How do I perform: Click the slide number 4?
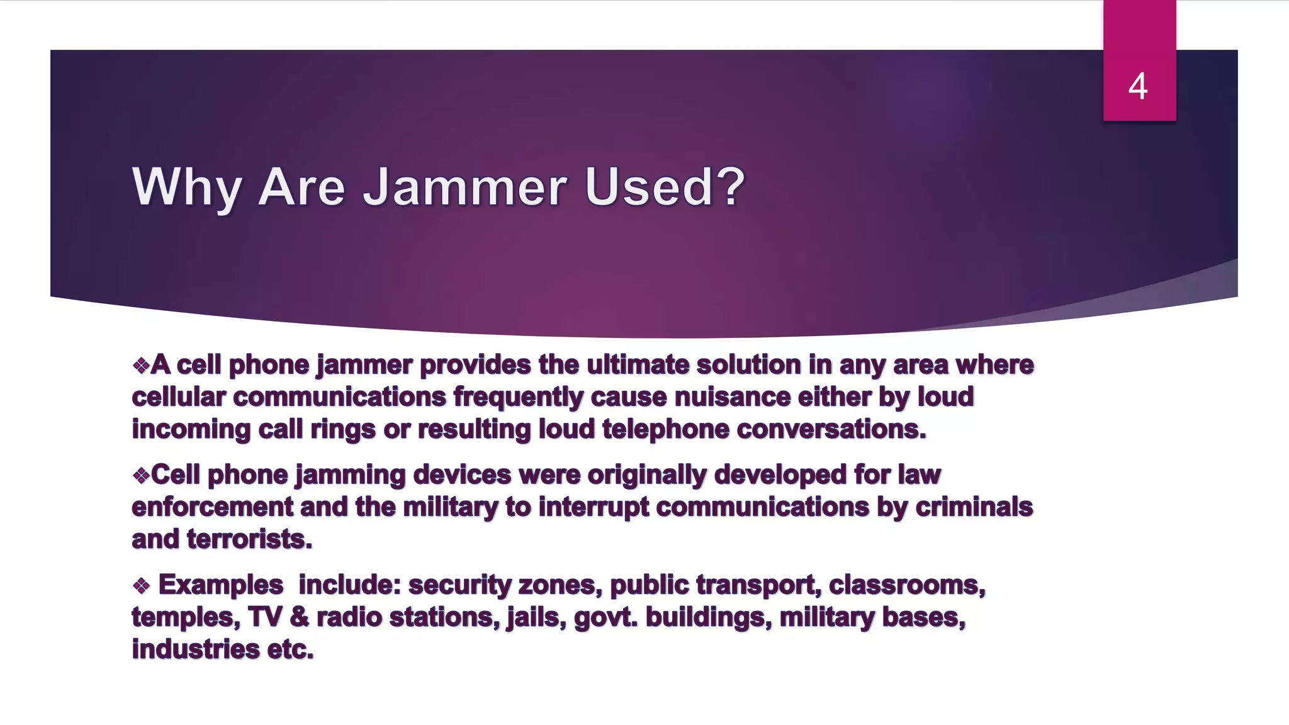point(1138,86)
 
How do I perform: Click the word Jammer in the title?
point(465,187)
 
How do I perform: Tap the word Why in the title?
point(186,187)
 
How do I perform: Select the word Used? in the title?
point(665,187)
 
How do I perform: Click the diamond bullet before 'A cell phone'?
point(141,365)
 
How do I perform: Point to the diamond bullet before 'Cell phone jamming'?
point(141,475)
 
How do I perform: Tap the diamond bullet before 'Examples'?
point(141,586)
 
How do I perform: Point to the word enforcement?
point(213,507)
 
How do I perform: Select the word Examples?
point(220,585)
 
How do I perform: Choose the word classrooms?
point(907,585)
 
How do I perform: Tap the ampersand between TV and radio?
point(300,617)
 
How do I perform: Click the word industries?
point(195,649)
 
